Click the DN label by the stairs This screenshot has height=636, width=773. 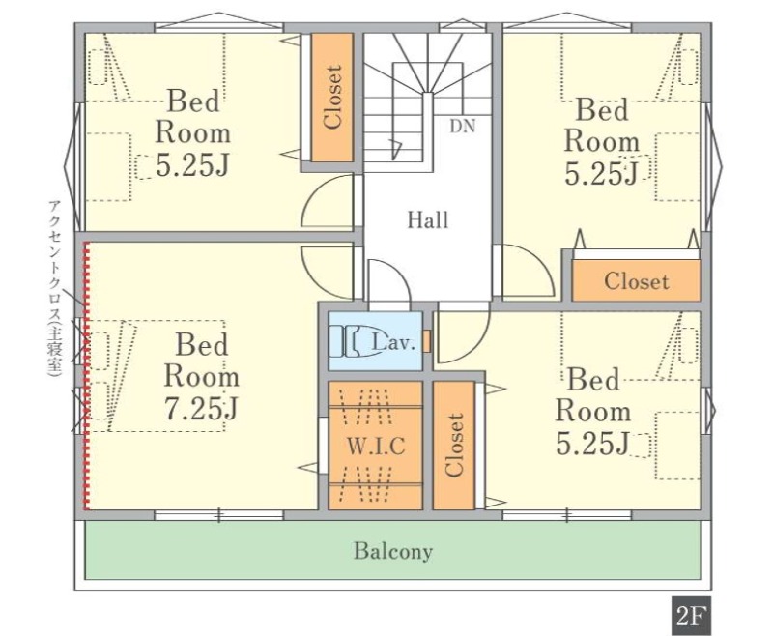(x=463, y=127)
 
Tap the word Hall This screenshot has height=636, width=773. (x=428, y=219)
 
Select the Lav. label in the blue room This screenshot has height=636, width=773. (x=393, y=341)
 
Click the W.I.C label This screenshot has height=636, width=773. (x=376, y=446)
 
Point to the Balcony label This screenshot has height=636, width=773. (x=393, y=551)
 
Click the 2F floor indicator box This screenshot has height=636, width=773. (x=690, y=617)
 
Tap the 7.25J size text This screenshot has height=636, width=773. (x=201, y=408)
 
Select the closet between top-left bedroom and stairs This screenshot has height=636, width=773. (x=332, y=97)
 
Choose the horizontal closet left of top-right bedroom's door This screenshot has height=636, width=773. (x=636, y=281)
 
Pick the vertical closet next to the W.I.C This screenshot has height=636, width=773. (x=454, y=446)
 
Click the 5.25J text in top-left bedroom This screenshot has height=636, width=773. (x=192, y=165)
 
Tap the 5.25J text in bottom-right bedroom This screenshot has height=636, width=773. (x=593, y=444)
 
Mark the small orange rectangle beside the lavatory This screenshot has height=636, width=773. (x=427, y=341)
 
